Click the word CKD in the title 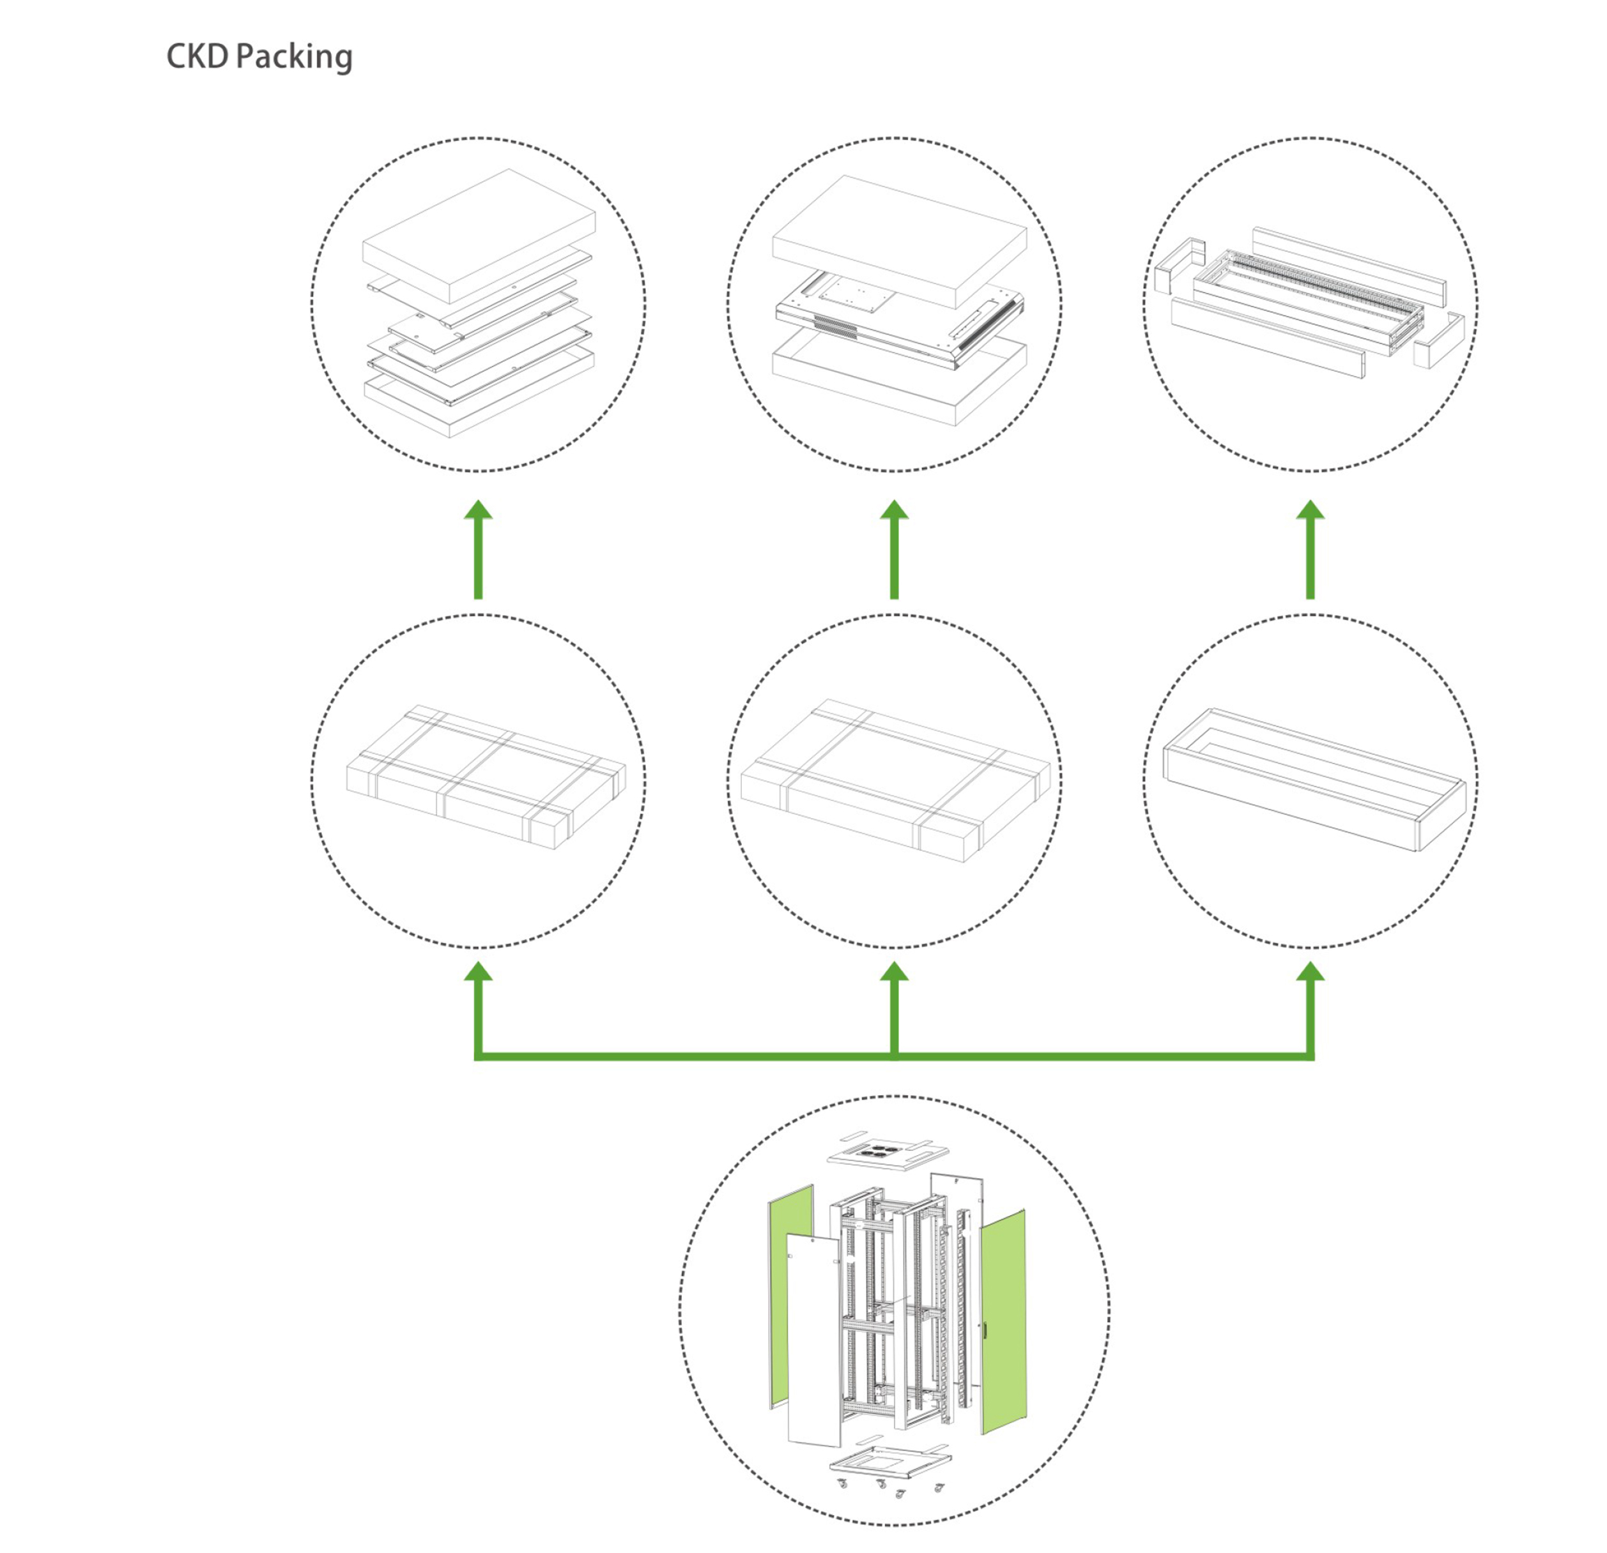(x=197, y=57)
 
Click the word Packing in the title (x=295, y=58)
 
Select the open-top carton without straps (x=1314, y=778)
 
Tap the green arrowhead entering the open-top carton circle (x=1310, y=973)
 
